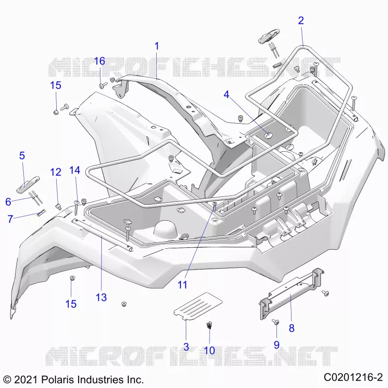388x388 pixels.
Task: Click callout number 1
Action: pos(156,46)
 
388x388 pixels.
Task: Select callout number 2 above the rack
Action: pos(301,20)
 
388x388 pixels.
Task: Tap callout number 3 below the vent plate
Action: pos(186,347)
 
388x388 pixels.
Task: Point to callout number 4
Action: pos(226,95)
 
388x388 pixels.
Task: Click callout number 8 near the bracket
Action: pos(291,328)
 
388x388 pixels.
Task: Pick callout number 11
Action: pos(182,285)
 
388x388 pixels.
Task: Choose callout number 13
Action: pos(101,297)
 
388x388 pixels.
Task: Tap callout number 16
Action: pos(99,61)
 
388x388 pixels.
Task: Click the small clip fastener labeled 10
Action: pos(210,325)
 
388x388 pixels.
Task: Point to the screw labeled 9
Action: pos(275,322)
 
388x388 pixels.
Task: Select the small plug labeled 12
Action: pos(58,207)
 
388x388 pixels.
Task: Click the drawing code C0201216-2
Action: pos(354,377)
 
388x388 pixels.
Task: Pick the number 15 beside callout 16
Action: pos(55,85)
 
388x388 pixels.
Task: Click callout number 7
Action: pos(10,219)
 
